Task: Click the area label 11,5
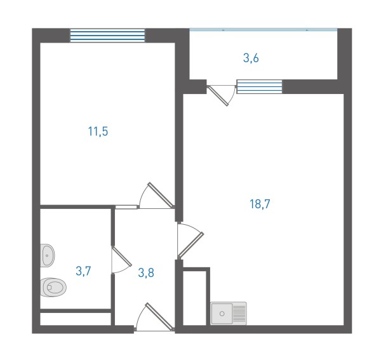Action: tap(98, 131)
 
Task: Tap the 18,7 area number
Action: tap(260, 204)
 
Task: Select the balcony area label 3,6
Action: tap(251, 58)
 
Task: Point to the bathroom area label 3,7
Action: tap(83, 271)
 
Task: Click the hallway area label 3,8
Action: tap(146, 272)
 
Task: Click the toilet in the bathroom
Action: tap(53, 288)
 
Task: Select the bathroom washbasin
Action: tap(47, 255)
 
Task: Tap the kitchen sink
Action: tap(229, 313)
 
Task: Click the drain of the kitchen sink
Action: tap(222, 314)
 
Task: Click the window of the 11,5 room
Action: tap(107, 36)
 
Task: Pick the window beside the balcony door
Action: tap(260, 87)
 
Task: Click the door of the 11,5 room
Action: tap(157, 196)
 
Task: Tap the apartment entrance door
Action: tap(154, 317)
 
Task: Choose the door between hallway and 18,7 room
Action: tap(190, 241)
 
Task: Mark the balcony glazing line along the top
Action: tap(264, 30)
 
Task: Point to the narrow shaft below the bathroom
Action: tap(76, 319)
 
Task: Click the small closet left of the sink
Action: tap(194, 298)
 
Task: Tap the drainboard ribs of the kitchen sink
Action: tap(239, 313)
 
